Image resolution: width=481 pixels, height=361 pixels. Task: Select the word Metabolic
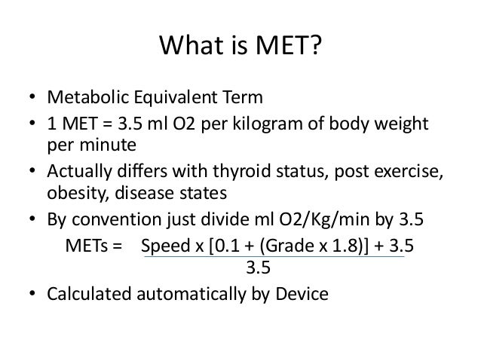tap(81, 99)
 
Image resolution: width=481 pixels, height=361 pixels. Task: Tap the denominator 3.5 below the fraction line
tap(259, 267)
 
